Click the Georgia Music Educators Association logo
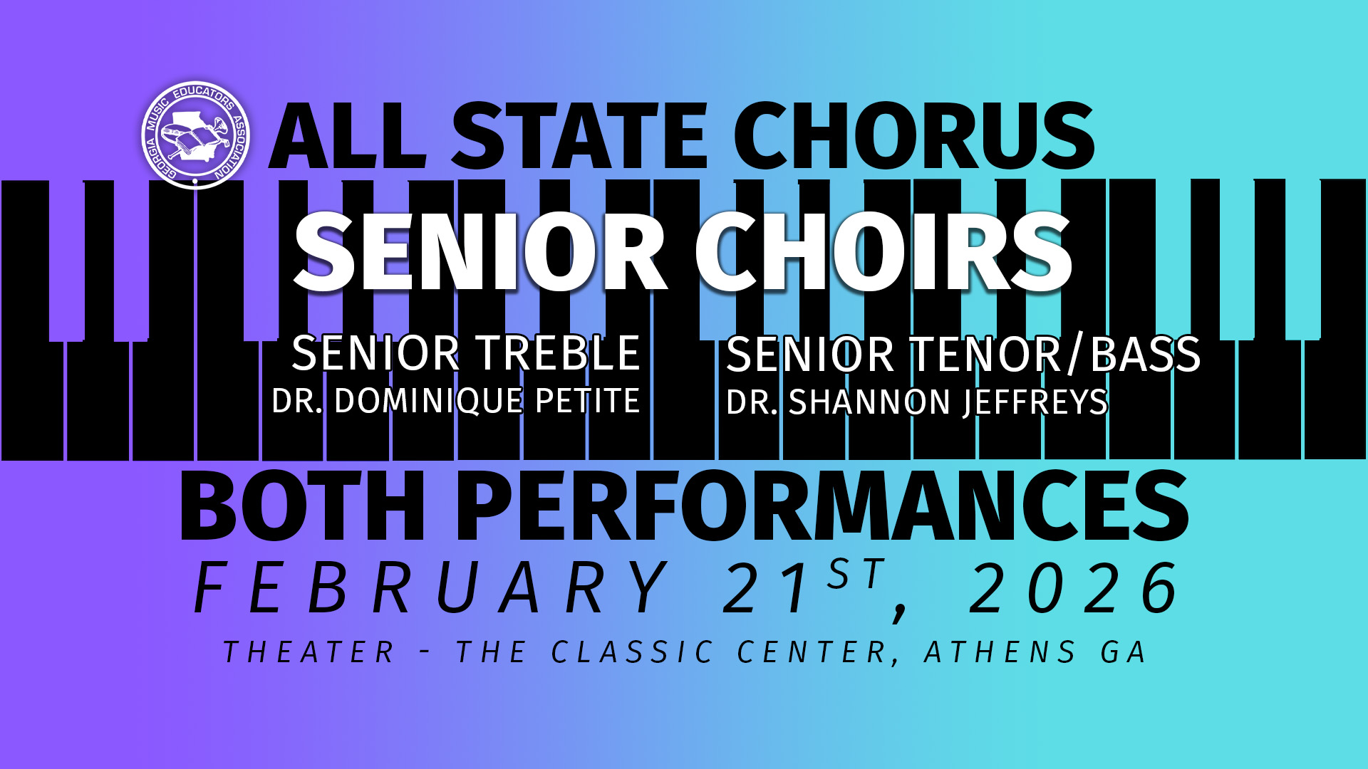195,135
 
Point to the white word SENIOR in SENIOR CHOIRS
480,253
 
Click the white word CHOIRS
883,253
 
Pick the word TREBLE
559,353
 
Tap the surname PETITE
587,401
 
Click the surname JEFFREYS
1035,402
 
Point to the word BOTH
303,507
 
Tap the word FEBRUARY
431,588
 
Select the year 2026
1074,588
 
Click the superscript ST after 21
856,573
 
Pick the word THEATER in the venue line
309,652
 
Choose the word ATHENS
1000,652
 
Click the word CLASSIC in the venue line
632,652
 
